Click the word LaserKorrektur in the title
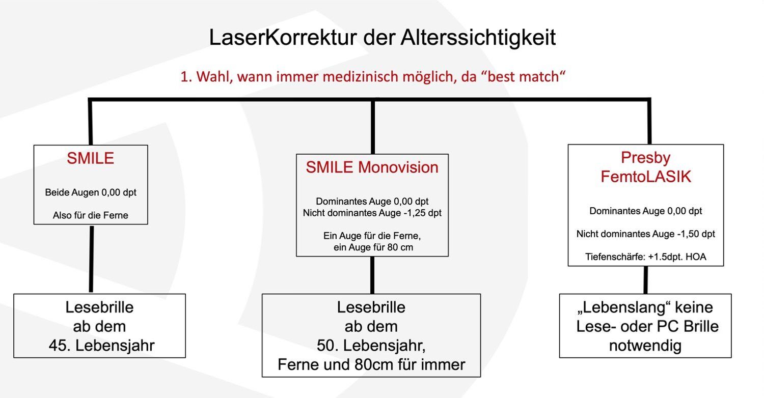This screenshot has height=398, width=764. [x=283, y=38]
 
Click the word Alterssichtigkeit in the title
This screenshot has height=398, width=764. [x=478, y=38]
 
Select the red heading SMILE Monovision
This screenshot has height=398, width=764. [x=372, y=167]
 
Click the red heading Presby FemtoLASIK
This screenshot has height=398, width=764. [x=646, y=167]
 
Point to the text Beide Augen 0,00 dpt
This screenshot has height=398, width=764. [x=91, y=192]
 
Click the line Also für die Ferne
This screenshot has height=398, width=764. [x=90, y=215]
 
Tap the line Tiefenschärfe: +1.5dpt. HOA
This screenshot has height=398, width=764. [x=646, y=257]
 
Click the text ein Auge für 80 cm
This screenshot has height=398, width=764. [x=373, y=247]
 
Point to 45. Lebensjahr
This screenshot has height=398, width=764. [x=102, y=346]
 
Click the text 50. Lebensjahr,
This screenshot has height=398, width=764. [x=371, y=346]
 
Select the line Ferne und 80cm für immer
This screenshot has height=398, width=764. [x=371, y=364]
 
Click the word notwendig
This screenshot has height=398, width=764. [x=645, y=346]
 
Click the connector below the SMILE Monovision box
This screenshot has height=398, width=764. [x=372, y=275]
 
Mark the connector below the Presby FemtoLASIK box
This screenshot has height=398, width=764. [x=646, y=280]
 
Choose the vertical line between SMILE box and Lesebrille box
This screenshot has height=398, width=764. [x=91, y=259]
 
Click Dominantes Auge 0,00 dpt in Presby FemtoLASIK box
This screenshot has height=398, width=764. [x=646, y=211]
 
